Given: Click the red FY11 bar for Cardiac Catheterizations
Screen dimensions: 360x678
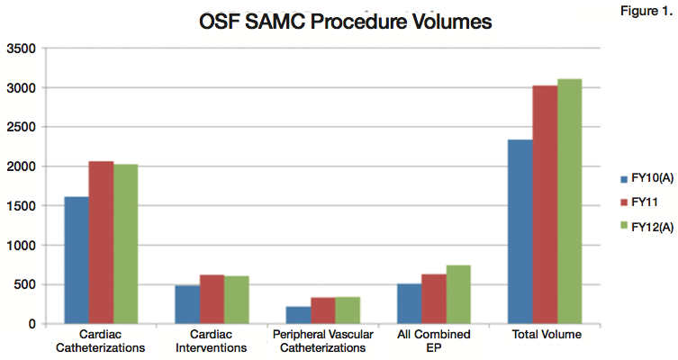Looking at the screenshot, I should [101, 242].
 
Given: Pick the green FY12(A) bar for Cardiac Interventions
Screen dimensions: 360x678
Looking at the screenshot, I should [237, 300].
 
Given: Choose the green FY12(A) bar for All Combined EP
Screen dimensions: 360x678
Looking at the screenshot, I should [457, 294].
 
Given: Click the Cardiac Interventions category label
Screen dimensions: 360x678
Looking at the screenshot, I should [212, 341].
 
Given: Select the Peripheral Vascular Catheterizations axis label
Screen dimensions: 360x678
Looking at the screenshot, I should [322, 341].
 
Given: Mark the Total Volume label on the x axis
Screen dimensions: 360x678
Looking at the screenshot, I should [544, 335].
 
